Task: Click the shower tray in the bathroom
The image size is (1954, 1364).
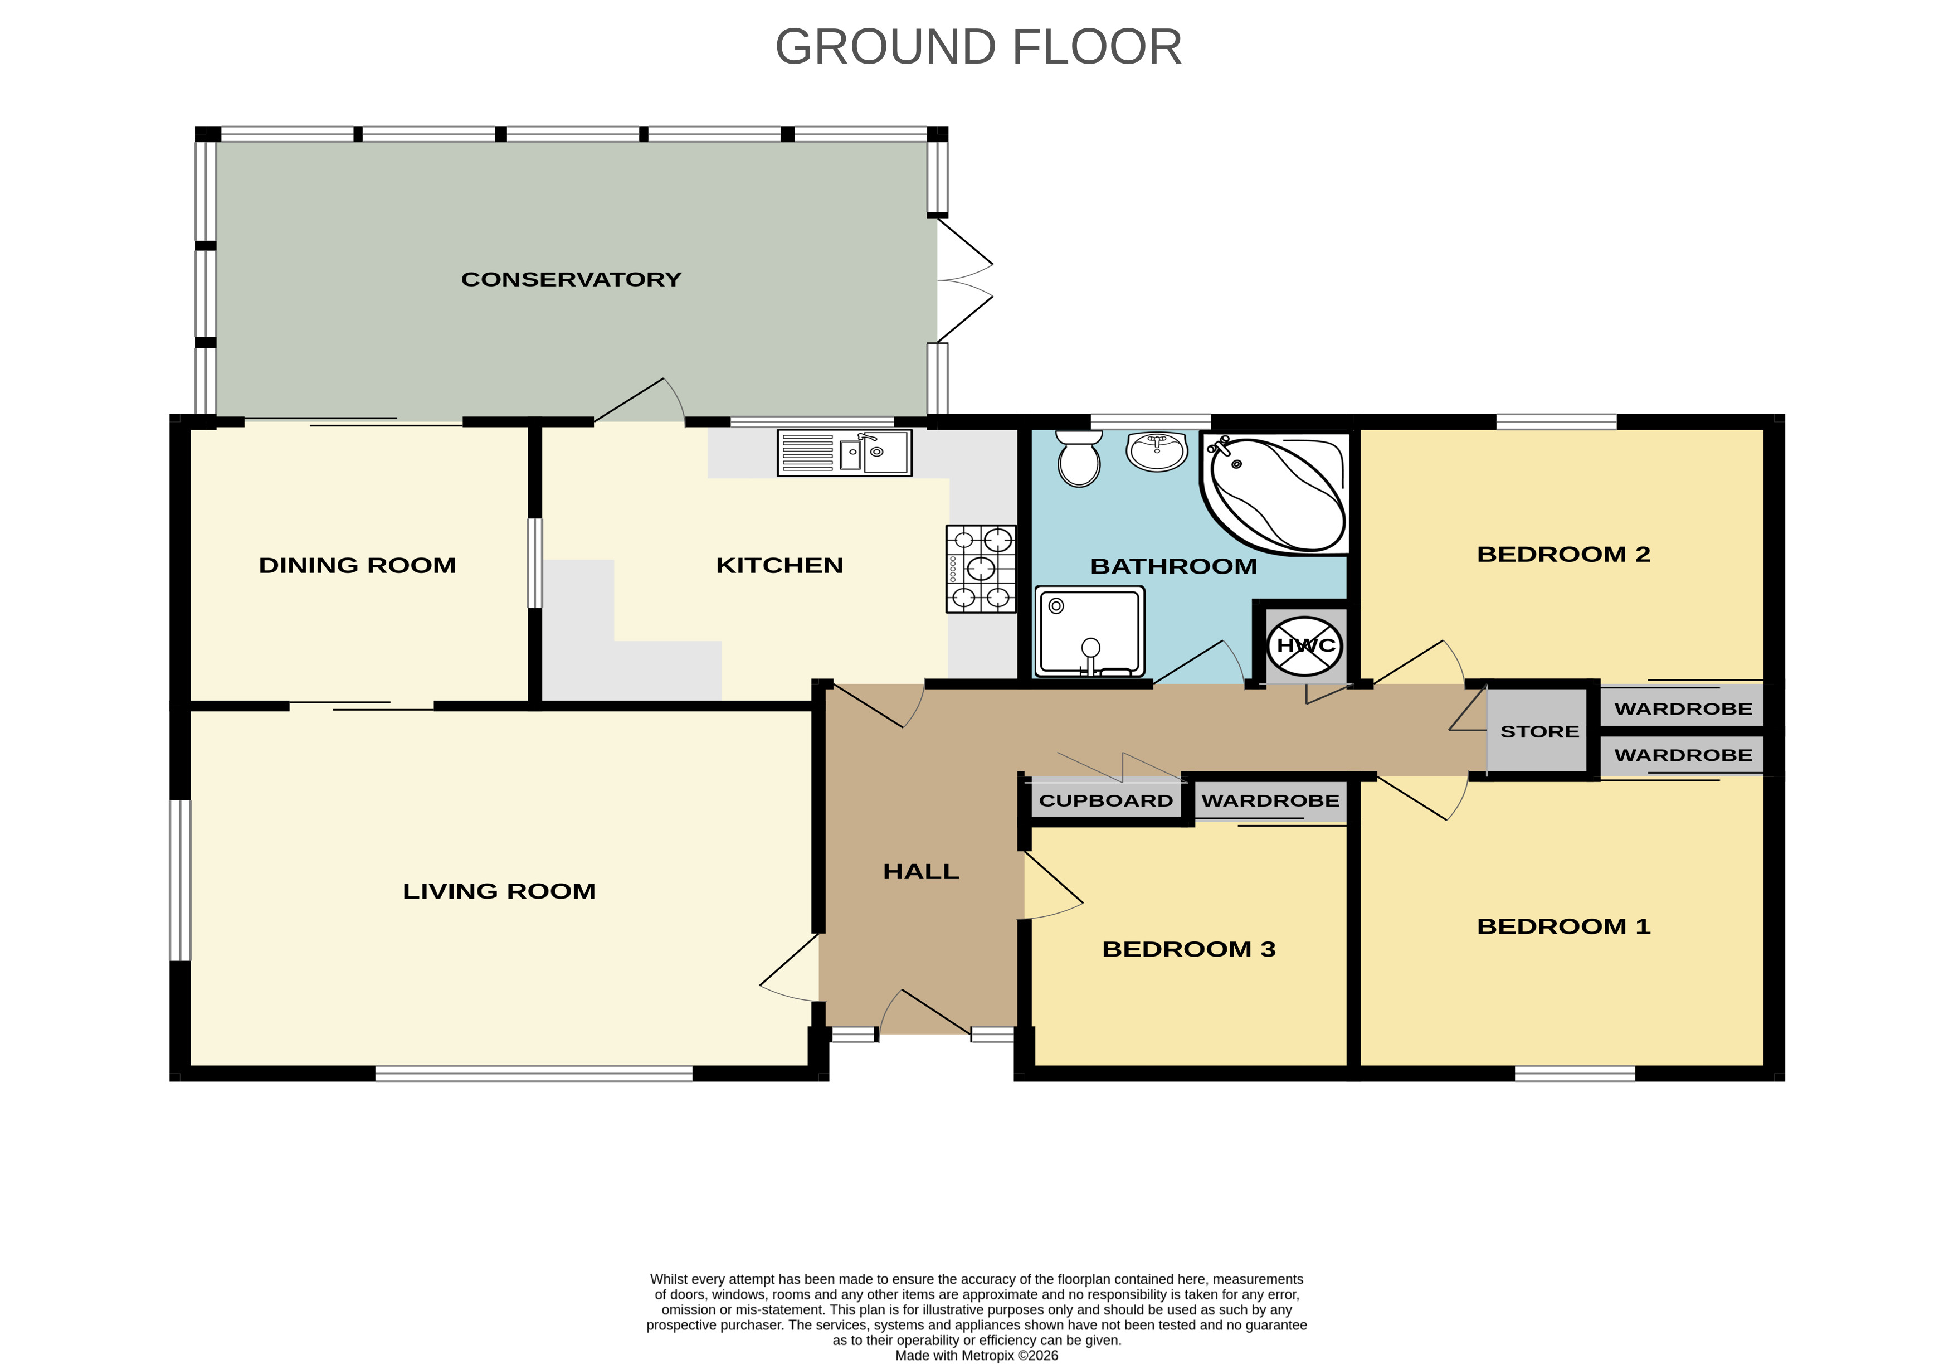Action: point(1089,632)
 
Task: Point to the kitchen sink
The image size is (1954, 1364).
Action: point(844,452)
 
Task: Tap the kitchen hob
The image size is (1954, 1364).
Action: point(981,569)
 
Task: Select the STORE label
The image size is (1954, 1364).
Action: point(1539,731)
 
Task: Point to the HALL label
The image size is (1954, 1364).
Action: point(921,872)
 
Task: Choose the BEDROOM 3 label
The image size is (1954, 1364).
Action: point(1189,949)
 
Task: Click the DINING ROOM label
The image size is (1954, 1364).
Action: point(358,565)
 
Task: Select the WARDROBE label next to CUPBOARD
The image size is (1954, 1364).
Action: point(1270,801)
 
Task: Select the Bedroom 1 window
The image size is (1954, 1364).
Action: point(1575,1074)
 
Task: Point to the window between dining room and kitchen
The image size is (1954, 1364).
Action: point(534,564)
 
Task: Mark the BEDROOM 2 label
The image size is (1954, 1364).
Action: point(1563,554)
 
